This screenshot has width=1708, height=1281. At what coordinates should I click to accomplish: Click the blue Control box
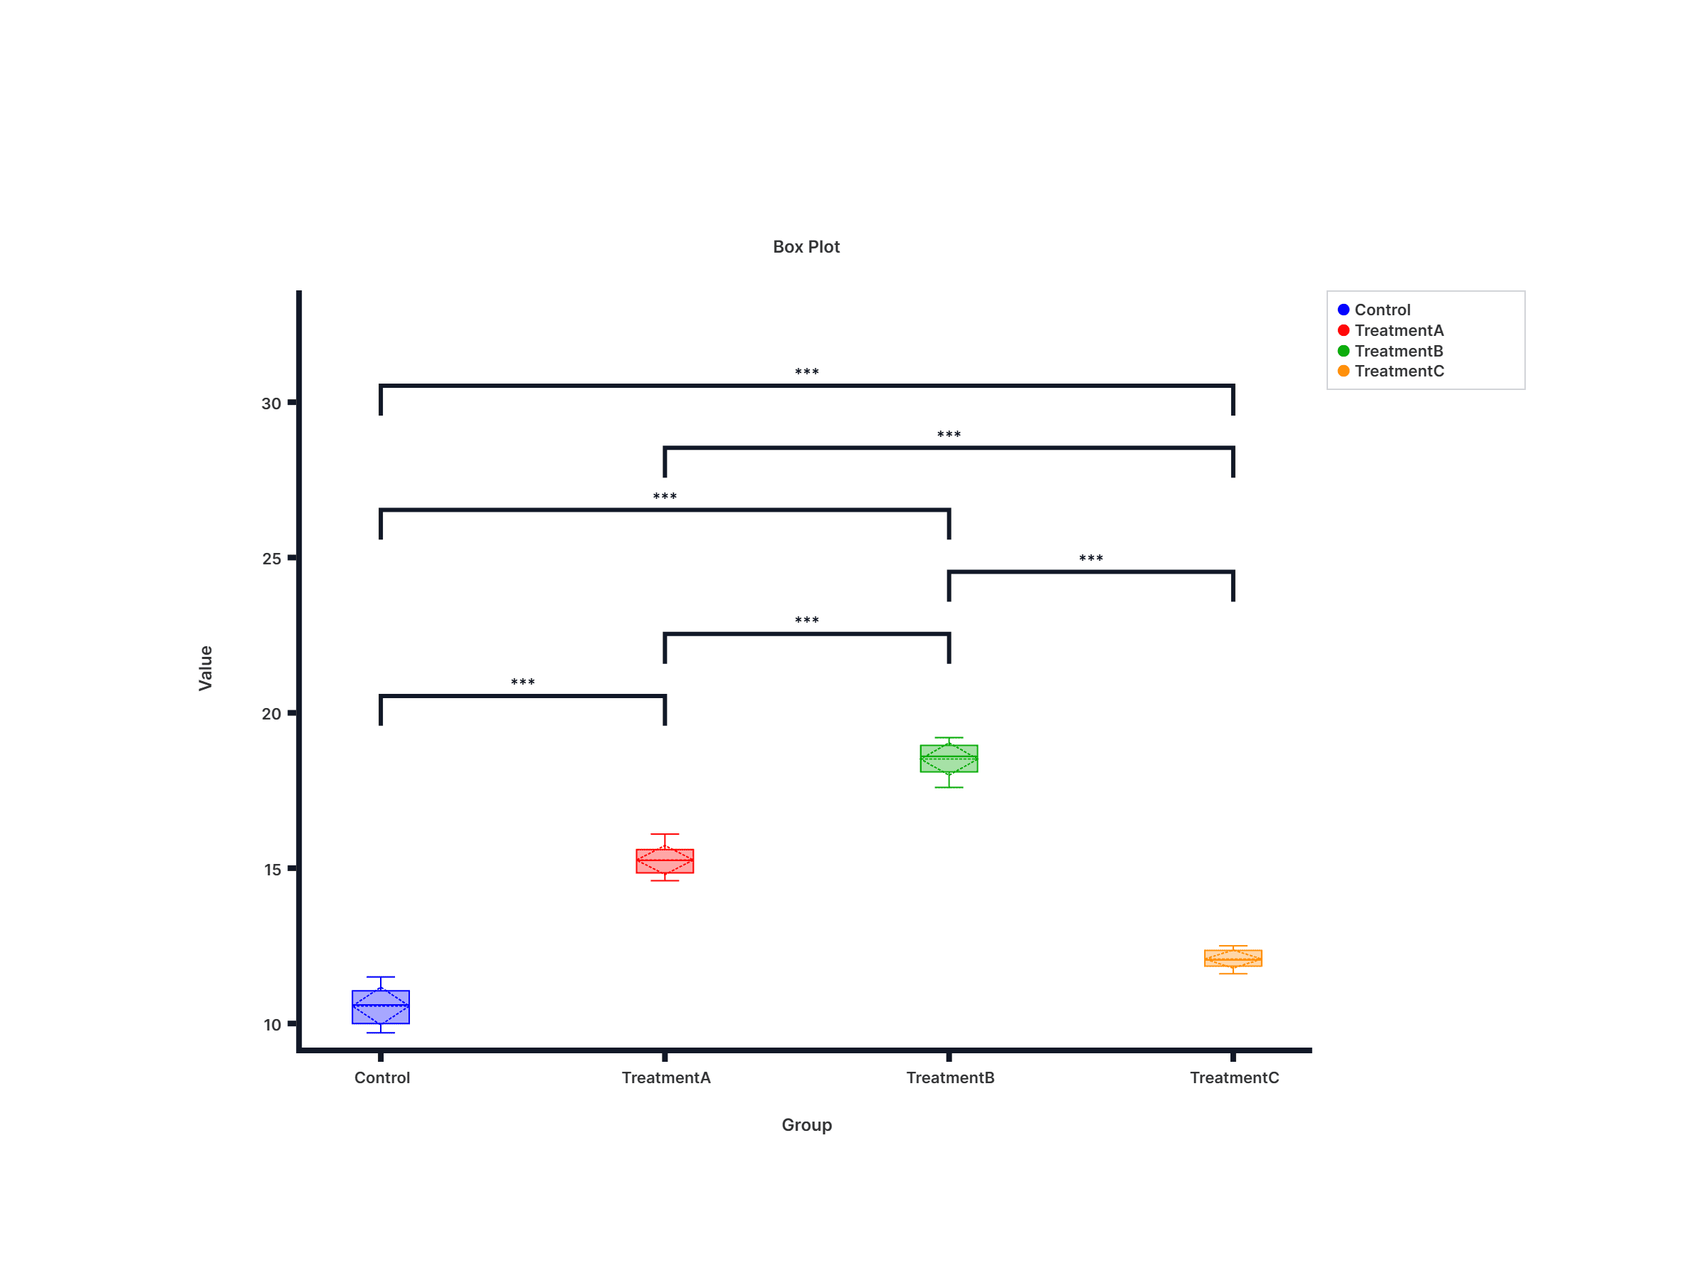[x=381, y=1007]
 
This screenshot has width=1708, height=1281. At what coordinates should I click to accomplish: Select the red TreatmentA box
[x=665, y=861]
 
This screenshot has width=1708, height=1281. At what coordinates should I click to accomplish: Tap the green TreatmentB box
[x=949, y=758]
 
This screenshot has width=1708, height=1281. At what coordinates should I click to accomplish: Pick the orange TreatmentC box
[x=1233, y=958]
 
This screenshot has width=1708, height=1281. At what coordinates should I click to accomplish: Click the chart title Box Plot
[x=806, y=247]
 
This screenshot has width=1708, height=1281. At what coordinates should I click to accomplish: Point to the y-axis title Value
[x=206, y=668]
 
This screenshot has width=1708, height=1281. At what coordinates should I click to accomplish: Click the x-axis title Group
[x=806, y=1124]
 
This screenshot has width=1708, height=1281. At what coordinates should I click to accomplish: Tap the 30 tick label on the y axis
[x=271, y=404]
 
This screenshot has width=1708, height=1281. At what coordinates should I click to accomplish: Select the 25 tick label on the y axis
[x=271, y=559]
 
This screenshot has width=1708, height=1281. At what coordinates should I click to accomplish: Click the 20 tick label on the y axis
[x=271, y=715]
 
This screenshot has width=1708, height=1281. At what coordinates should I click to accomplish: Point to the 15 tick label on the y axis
[x=272, y=870]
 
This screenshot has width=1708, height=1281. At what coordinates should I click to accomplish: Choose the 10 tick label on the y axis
[x=272, y=1026]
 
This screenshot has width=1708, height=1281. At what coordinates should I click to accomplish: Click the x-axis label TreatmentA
[x=665, y=1078]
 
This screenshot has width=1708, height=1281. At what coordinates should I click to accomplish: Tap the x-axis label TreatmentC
[x=1234, y=1078]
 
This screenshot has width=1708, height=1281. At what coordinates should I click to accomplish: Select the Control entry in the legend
[x=1382, y=310]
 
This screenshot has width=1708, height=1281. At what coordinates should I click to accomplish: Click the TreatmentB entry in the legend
[x=1398, y=352]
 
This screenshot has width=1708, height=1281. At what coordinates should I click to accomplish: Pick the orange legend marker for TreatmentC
[x=1344, y=371]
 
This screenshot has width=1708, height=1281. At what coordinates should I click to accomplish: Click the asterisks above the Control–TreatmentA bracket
[x=523, y=682]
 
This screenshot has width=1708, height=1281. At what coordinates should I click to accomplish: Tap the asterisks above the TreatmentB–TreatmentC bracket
[x=1091, y=558]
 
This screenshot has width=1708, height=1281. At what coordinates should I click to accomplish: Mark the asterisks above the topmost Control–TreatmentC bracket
[x=807, y=372]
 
